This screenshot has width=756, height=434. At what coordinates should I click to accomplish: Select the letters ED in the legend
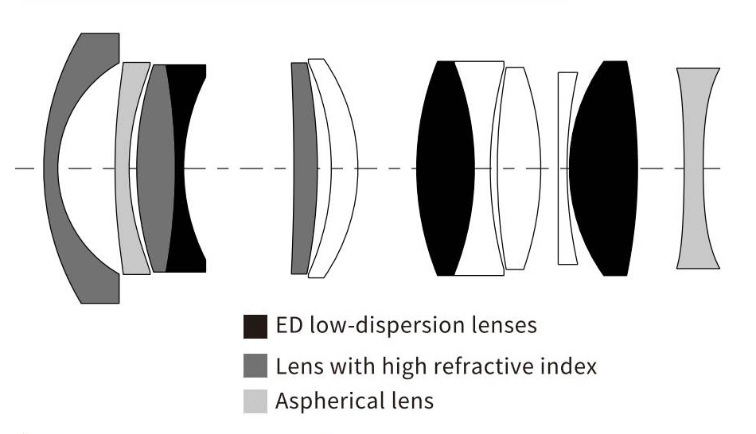[287, 326]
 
